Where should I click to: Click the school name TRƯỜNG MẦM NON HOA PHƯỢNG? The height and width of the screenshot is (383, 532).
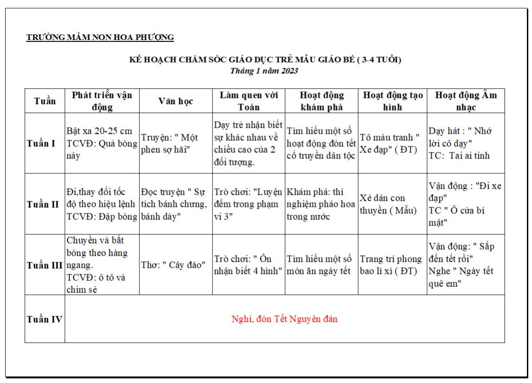point(100,38)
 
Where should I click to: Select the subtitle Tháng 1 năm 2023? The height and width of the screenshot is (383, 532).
point(264,71)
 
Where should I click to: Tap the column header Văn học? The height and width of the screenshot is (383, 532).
point(175,101)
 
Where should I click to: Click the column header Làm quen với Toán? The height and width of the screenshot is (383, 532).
point(249,101)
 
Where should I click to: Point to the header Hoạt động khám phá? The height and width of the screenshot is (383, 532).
point(321,101)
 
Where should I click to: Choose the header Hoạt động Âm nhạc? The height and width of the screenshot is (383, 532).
point(465,101)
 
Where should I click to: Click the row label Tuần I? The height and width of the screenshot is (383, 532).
point(41,144)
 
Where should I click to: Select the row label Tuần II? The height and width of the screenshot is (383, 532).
point(43,204)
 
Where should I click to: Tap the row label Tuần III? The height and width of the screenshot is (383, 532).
point(45,265)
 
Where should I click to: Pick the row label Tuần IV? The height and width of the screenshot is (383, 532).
point(45,319)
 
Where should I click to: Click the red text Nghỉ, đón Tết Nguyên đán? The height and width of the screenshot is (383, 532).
point(284,319)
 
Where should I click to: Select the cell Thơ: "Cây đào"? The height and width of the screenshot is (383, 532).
point(173,265)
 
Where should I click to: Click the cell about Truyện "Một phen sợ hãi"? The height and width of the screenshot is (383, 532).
point(170,144)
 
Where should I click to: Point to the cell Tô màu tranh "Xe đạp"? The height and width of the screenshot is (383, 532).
point(390,144)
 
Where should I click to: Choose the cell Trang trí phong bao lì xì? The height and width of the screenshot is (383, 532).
point(391,265)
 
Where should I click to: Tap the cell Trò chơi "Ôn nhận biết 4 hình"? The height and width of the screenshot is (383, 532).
point(248,265)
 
